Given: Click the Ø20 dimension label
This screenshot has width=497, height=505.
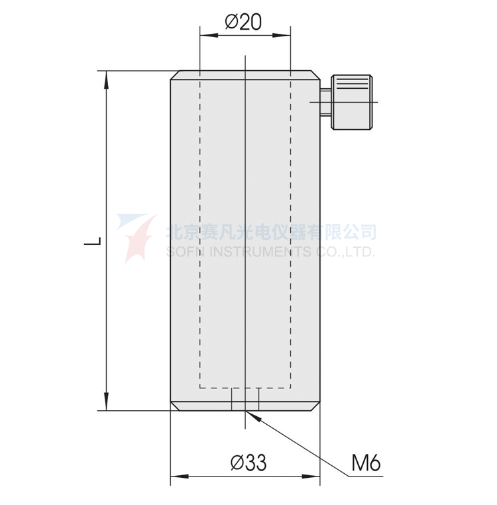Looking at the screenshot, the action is (243, 22).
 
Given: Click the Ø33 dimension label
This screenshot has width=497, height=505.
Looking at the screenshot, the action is (248, 463).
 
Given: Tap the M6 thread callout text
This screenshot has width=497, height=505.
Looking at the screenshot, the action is (366, 463).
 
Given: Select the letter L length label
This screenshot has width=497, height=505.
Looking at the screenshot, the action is (93, 241).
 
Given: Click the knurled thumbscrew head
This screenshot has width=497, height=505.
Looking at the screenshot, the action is (352, 103).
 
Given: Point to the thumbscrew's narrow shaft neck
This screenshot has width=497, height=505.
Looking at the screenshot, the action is (325, 102).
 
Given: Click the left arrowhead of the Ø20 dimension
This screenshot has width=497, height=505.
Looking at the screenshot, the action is (209, 35).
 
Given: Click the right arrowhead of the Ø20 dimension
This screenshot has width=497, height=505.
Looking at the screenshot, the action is (282, 35).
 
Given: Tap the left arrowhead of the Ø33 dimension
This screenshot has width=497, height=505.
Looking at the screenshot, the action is (180, 477).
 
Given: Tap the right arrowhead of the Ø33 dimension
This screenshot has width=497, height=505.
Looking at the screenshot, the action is (311, 477).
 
